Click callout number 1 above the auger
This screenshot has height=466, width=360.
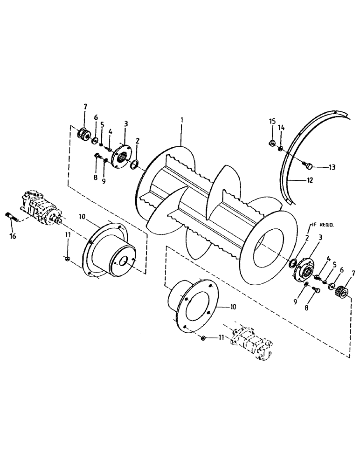tap(182, 120)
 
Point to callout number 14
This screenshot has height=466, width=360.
tap(281, 127)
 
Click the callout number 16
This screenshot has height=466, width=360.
tap(13, 236)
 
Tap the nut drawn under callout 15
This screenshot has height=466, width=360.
tap(271, 143)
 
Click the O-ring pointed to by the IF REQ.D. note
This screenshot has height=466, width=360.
tap(292, 264)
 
